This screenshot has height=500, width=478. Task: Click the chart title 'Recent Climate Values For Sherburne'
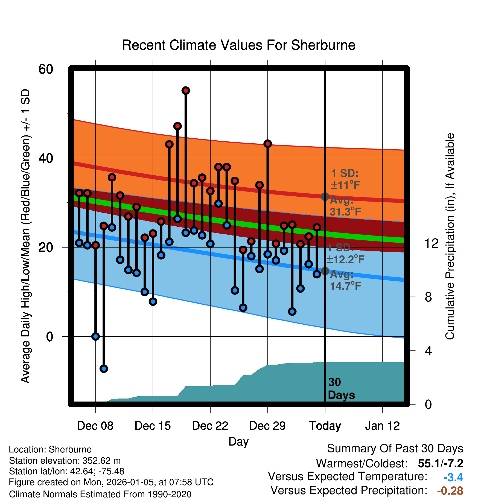coord(238,45)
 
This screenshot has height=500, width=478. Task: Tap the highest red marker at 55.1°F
coord(186,91)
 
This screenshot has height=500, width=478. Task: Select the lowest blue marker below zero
coord(104,369)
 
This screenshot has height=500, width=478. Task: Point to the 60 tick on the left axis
coord(46,69)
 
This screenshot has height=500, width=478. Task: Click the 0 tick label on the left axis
coord(49,337)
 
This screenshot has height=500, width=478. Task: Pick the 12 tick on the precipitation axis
coord(432,243)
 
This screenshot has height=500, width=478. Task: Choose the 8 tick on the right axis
coord(428,297)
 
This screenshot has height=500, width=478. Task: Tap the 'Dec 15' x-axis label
coord(153,426)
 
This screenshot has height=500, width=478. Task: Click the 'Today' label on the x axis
coord(325,426)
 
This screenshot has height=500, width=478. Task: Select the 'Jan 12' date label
coord(382,426)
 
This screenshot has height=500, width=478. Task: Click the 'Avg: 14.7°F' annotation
coord(345,280)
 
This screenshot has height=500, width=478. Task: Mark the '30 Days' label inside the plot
coord(341,389)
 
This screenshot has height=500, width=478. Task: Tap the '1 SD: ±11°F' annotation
coord(345,179)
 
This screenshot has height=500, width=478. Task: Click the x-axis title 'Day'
coord(238,442)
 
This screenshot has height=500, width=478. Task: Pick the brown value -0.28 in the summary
coord(450,491)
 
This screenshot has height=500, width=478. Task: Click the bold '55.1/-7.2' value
coord(441,463)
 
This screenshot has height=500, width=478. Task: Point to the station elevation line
coord(65,461)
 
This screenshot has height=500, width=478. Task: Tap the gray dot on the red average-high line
coord(325,197)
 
